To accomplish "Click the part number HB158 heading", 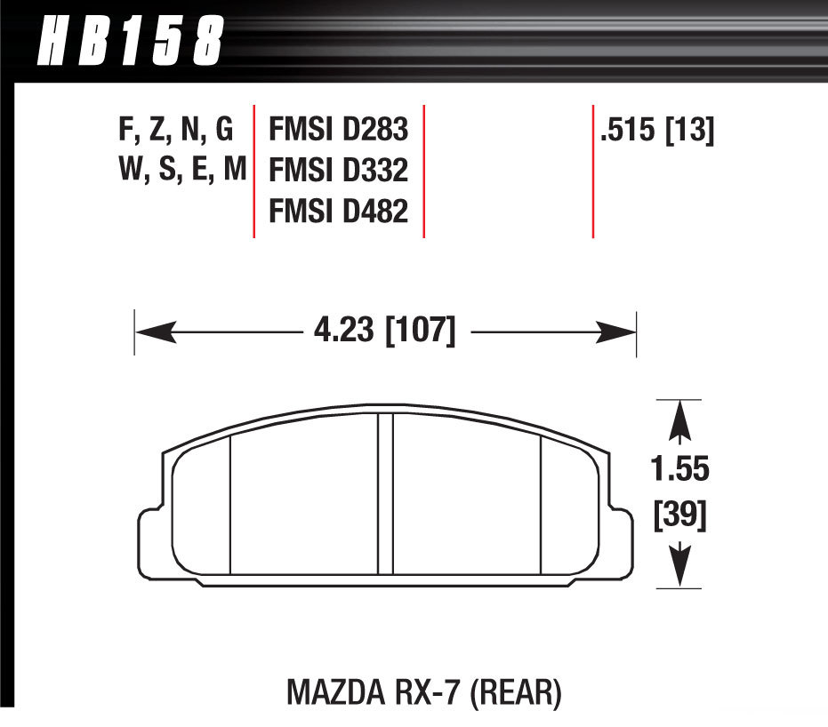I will [x=129, y=40].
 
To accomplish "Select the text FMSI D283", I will [x=338, y=132].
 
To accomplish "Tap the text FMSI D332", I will [x=338, y=172].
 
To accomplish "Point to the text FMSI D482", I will [x=338, y=212].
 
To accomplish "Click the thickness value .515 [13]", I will [x=657, y=132].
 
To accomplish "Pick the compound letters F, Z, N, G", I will [x=175, y=132].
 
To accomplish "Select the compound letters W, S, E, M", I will [x=181, y=172].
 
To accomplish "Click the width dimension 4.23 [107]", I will [x=384, y=333].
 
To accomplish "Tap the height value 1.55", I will [x=679, y=467].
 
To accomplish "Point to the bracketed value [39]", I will [x=679, y=516].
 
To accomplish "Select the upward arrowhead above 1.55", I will [x=679, y=416].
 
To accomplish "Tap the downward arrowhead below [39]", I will [x=679, y=569].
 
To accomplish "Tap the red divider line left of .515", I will [x=592, y=171].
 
